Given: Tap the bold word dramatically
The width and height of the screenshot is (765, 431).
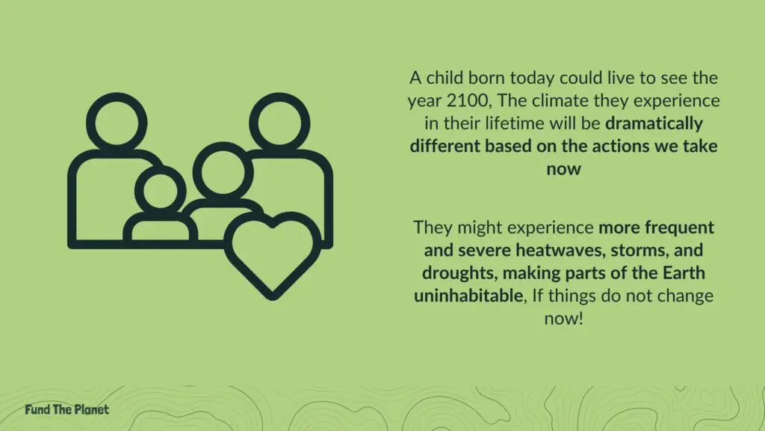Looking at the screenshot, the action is pyautogui.click(x=654, y=123).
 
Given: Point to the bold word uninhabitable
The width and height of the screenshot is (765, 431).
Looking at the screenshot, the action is pyautogui.click(x=469, y=296).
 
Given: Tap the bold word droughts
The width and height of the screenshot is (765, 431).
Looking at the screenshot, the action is pyautogui.click(x=459, y=273).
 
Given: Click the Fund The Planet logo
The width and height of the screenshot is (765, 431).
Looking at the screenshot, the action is pyautogui.click(x=66, y=409).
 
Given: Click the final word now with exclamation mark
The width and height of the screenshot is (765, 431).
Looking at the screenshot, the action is pyautogui.click(x=563, y=319).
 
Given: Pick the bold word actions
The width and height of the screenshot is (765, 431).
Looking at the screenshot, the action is pyautogui.click(x=620, y=146).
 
